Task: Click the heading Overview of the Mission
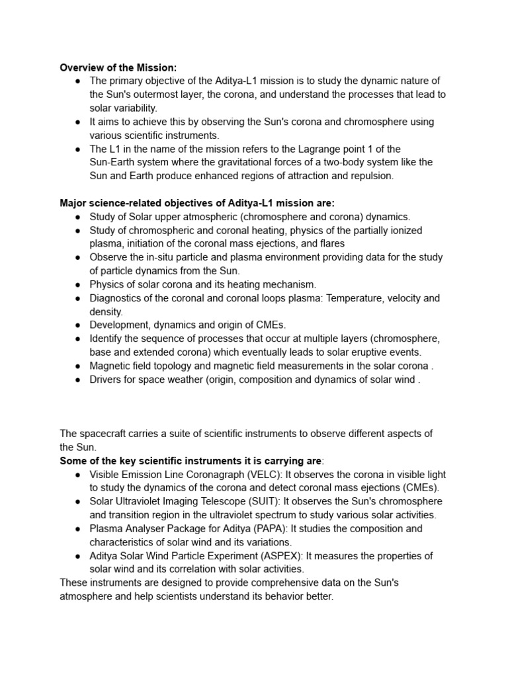(118, 67)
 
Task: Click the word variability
(133, 108)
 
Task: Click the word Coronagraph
(213, 475)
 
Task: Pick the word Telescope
(224, 502)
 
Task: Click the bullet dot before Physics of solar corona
(77, 285)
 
